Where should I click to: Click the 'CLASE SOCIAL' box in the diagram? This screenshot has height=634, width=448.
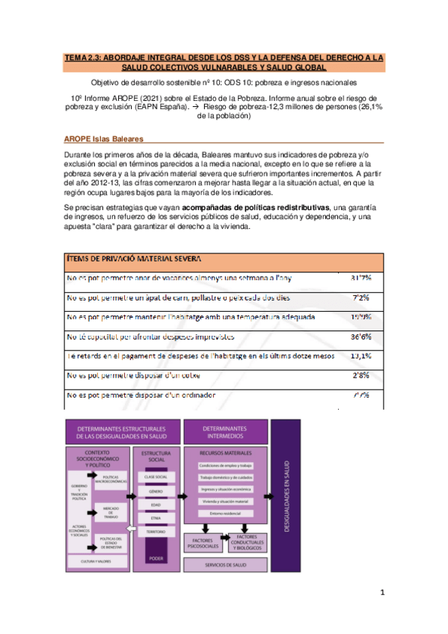155,476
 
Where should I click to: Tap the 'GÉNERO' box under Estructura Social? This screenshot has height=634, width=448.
155,490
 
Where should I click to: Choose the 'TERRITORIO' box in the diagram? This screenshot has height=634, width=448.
155,531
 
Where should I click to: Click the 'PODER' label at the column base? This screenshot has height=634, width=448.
156,558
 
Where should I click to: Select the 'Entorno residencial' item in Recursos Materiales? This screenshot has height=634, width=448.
224,514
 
